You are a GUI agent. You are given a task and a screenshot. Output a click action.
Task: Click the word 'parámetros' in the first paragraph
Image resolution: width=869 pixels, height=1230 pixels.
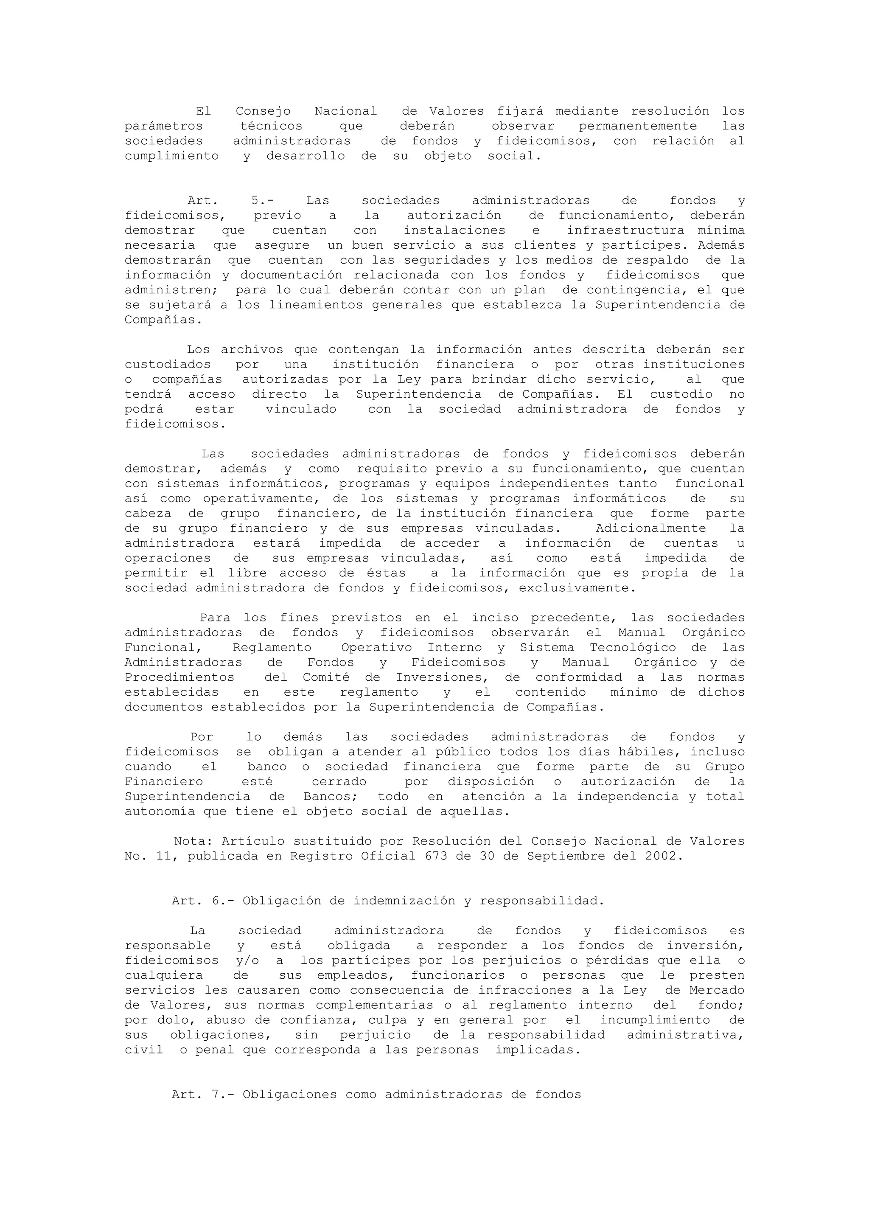coord(164,126)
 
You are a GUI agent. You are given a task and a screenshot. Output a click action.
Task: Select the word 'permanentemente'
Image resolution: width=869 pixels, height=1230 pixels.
coord(638,126)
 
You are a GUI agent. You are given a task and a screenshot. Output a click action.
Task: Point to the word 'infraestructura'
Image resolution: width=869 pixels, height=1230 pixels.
coord(625,231)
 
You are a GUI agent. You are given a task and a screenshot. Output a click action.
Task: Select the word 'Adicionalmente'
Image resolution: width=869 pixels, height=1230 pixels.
coord(650,529)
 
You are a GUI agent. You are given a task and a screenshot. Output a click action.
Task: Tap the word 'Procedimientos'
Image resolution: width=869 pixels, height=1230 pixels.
coord(179,678)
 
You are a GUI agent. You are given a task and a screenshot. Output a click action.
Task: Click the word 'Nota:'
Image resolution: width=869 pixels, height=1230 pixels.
coord(193,842)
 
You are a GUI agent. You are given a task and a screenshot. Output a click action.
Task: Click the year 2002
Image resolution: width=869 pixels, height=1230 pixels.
coord(664,857)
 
